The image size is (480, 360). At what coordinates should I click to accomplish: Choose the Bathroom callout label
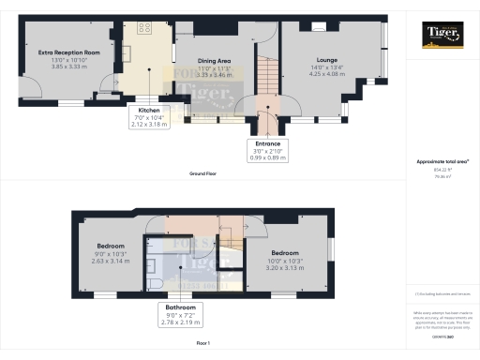(x=183, y=307)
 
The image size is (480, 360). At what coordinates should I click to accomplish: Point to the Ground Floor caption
(x=203, y=174)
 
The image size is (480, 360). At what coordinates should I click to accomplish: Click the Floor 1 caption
(x=203, y=345)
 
